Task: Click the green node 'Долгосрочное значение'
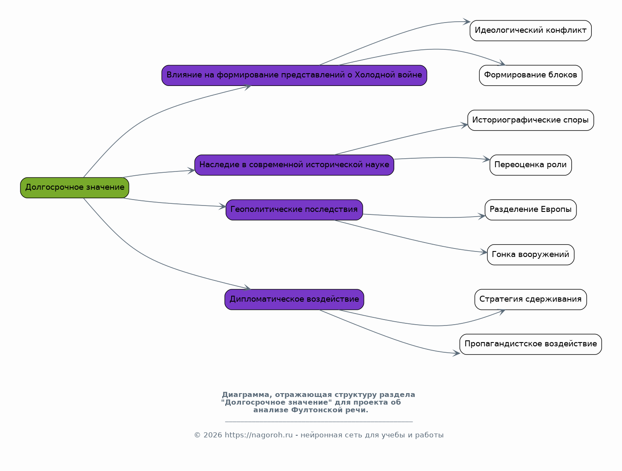point(75,188)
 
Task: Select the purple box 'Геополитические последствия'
point(294,210)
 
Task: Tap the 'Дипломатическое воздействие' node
point(294,300)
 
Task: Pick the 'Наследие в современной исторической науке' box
point(294,165)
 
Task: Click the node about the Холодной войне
point(294,75)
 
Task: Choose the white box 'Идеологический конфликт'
point(530,31)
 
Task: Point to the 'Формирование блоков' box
point(530,75)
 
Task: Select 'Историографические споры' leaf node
point(530,120)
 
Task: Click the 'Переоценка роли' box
point(530,165)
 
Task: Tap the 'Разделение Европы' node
point(530,210)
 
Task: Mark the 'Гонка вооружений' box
point(530,255)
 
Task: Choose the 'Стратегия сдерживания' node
point(530,300)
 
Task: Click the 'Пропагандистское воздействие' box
point(530,344)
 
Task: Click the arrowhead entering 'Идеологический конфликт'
point(467,22)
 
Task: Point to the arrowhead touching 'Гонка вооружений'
point(484,252)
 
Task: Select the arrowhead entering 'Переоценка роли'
point(486,159)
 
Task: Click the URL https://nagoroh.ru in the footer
point(258,435)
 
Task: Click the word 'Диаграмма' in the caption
point(245,395)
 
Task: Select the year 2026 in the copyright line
point(212,435)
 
